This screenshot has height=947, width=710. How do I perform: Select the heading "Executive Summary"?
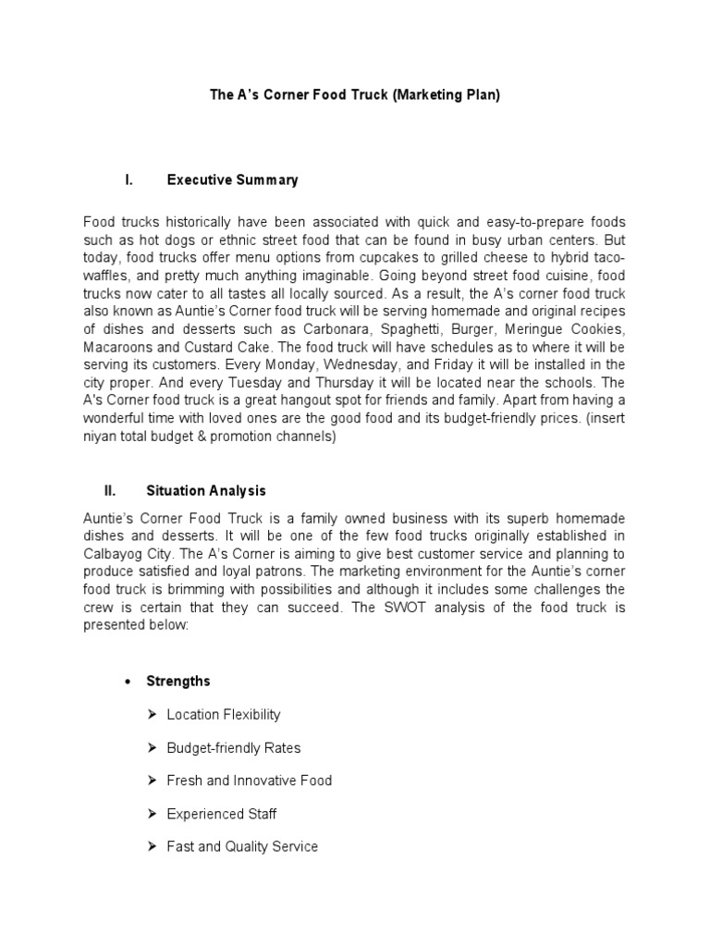pos(232,180)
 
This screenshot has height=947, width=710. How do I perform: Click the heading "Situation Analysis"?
pos(206,490)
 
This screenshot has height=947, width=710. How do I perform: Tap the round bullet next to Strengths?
pos(129,682)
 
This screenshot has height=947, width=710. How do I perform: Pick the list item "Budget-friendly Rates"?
pos(233,747)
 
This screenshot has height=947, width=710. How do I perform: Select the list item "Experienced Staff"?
pos(221,814)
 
